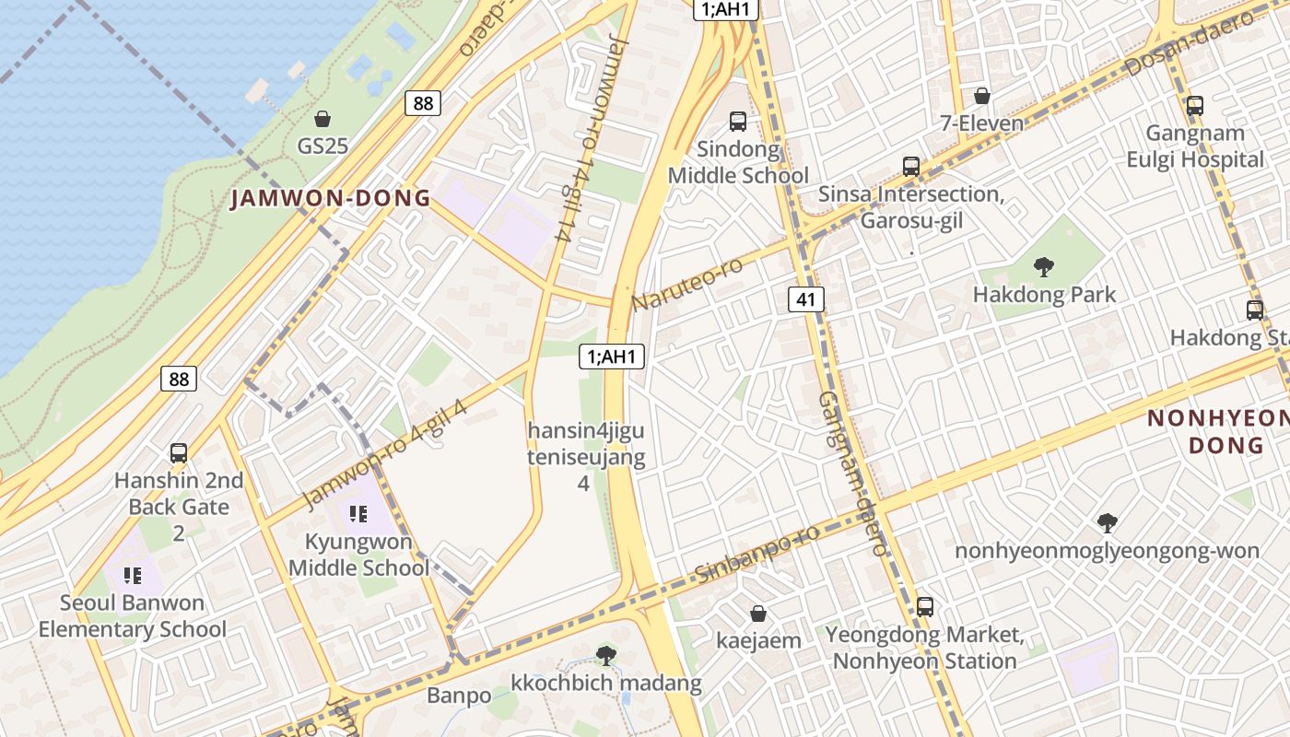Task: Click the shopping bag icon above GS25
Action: coord(322,119)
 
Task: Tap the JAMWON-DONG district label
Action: coord(330,198)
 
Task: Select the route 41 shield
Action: coord(806,298)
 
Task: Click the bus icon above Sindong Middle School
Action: coord(738,121)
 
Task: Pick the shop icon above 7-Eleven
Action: coord(982,96)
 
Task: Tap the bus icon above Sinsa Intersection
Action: coord(911,167)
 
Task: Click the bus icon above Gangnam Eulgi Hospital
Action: coord(1195,106)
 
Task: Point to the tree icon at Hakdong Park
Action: coord(1044,268)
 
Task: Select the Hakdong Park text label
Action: coord(1044,295)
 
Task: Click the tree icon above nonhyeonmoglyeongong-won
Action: coord(1108,523)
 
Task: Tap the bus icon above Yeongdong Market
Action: coord(925,607)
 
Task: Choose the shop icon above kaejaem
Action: coord(758,614)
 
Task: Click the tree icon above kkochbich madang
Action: coord(606,656)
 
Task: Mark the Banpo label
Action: coord(459,695)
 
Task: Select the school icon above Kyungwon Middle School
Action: coord(358,514)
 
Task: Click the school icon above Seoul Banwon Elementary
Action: coord(133,576)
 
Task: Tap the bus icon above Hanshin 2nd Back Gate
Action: coord(179,453)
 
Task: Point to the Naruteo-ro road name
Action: coord(687,285)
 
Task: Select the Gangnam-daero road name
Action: coord(852,472)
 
